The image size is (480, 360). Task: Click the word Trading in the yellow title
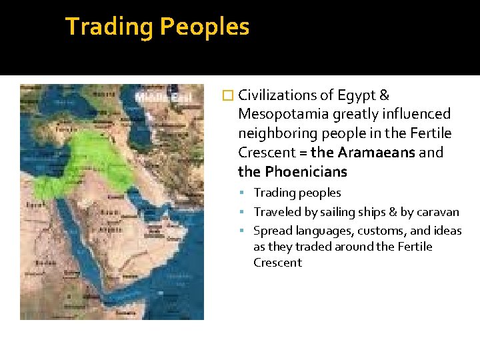click(109, 27)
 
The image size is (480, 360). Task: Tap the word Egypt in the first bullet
click(359, 95)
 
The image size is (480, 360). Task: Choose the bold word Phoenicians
click(306, 171)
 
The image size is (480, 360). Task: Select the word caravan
click(437, 212)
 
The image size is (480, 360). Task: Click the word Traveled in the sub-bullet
click(276, 212)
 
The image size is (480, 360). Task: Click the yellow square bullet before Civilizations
click(230, 96)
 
